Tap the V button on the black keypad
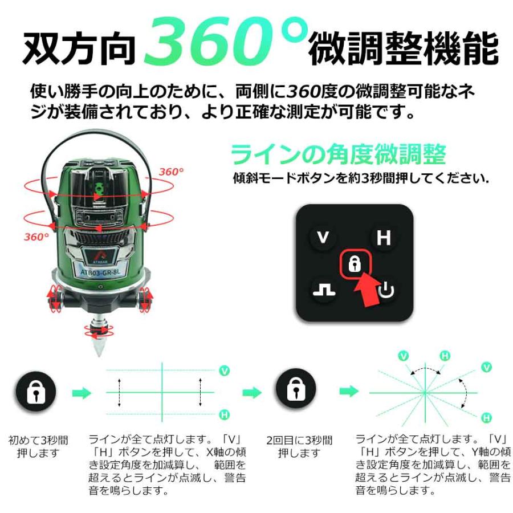click(x=323, y=237)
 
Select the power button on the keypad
click(x=386, y=291)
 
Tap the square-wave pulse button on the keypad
click(x=324, y=291)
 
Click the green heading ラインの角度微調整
click(x=337, y=154)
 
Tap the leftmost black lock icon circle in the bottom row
click(x=35, y=392)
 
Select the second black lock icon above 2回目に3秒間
click(x=296, y=392)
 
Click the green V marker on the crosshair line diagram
click(x=224, y=371)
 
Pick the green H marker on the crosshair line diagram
click(x=224, y=414)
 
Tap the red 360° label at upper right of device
click(x=172, y=172)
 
